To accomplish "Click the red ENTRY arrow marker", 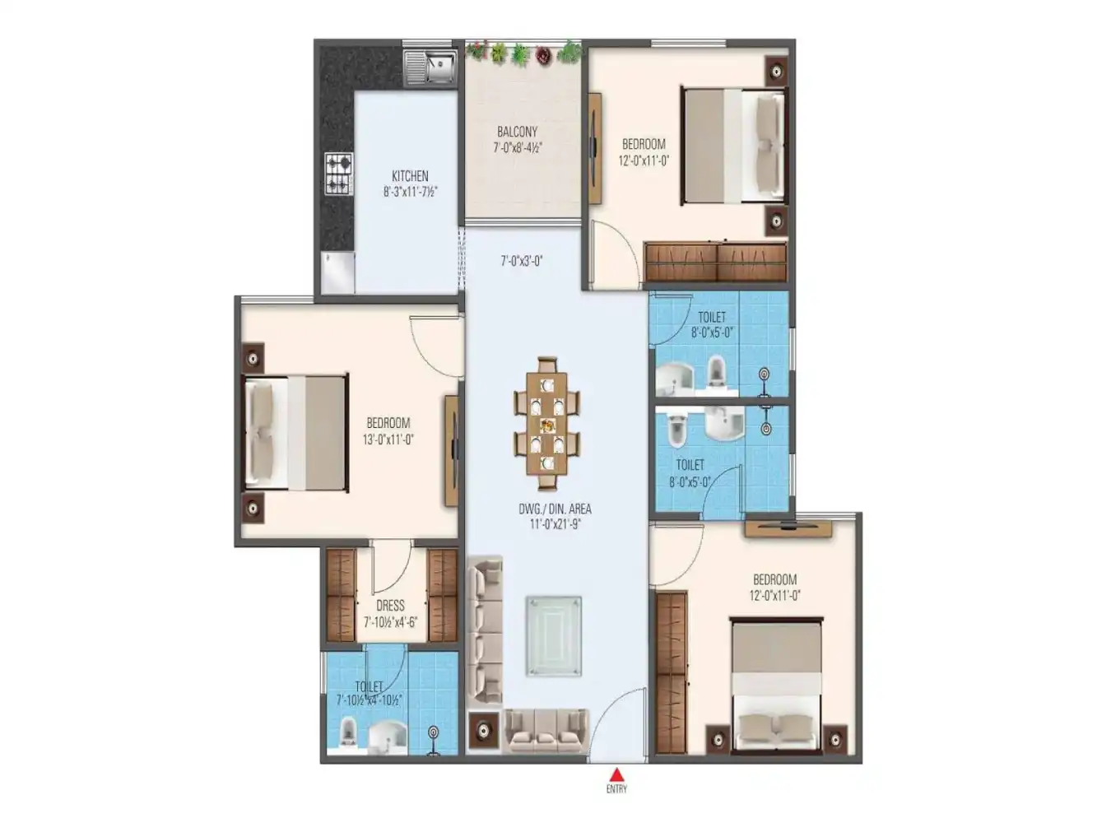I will pyautogui.click(x=616, y=774).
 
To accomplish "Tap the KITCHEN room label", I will pyautogui.click(x=410, y=176).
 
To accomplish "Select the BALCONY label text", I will pyautogui.click(x=517, y=132).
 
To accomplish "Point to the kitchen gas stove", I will pyautogui.click(x=338, y=174).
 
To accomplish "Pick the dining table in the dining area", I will pyautogui.click(x=547, y=425).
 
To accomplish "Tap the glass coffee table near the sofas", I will pyautogui.click(x=554, y=635).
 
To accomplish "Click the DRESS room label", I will pyautogui.click(x=390, y=606).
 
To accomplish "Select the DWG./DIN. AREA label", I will pyautogui.click(x=555, y=509).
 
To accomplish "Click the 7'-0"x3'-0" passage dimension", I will pyautogui.click(x=522, y=262).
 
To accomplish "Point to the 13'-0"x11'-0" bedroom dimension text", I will pyautogui.click(x=388, y=440).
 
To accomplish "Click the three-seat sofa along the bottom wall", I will pyautogui.click(x=546, y=729).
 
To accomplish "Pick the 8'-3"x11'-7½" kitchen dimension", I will pyautogui.click(x=410, y=192).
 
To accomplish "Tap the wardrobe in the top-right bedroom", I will pyautogui.click(x=716, y=262).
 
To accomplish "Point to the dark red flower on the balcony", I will pyautogui.click(x=543, y=55).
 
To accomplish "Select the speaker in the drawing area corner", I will pyautogui.click(x=482, y=730).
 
